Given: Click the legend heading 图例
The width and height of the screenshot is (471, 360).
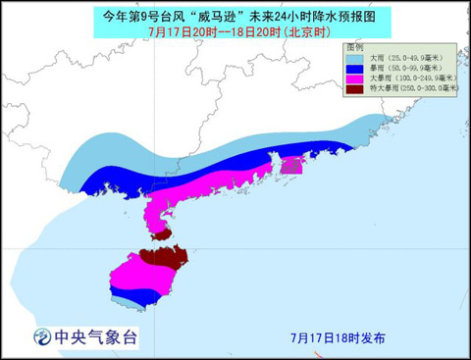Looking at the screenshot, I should point(356,47).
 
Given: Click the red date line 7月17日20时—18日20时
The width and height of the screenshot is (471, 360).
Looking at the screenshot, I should point(235,30).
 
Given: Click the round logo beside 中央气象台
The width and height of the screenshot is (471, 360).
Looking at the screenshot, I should point(42,336).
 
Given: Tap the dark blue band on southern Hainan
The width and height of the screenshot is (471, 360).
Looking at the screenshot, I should point(137,294).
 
